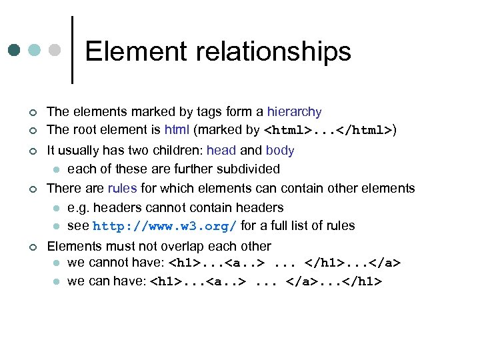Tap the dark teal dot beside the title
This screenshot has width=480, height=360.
[x=15, y=50]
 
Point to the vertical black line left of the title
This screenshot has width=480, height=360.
[x=71, y=50]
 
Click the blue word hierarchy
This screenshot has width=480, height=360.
[x=294, y=112]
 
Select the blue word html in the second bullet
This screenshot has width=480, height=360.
[x=177, y=129]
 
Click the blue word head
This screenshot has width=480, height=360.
[x=222, y=151]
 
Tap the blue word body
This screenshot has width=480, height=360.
[x=280, y=151]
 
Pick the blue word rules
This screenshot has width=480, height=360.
[x=122, y=189]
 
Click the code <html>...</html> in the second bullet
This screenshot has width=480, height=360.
[x=329, y=130]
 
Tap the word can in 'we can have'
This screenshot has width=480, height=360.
[x=96, y=281]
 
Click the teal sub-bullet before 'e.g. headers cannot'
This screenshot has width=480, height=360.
[x=57, y=208]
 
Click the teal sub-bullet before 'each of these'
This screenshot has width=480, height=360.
[x=57, y=169]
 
